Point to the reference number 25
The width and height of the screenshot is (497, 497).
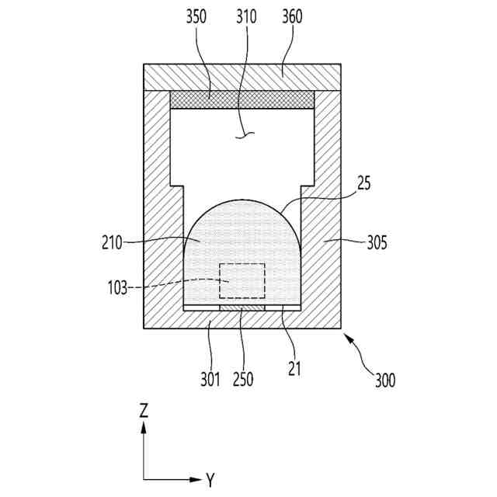pyautogui.click(x=364, y=185)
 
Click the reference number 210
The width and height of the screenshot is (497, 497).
pyautogui.click(x=112, y=242)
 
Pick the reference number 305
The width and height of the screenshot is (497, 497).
pyautogui.click(x=376, y=242)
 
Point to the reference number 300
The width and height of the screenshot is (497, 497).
pyautogui.click(x=384, y=381)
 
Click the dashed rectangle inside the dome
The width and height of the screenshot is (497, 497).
pyautogui.click(x=242, y=280)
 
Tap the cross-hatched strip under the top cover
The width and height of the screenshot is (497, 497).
pyautogui.click(x=242, y=99)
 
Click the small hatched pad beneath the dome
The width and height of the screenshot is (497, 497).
pyautogui.click(x=242, y=308)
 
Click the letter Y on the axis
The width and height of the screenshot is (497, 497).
pyautogui.click(x=210, y=480)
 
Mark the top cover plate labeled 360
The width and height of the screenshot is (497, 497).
pyautogui.click(x=242, y=76)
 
